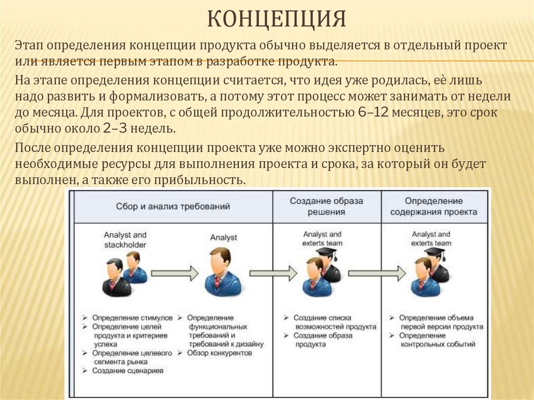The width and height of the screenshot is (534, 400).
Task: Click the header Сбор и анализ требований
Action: pos(173,207)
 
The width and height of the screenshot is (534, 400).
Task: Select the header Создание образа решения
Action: pos(326,207)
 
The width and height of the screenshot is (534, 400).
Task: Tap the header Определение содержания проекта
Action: pos(433,207)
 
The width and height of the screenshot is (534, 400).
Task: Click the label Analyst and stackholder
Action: pos(125,240)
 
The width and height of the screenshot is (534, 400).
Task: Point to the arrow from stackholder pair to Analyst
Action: pos(175,273)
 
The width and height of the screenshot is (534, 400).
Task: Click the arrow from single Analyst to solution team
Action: pos(272,273)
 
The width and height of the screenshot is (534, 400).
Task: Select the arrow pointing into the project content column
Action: pos(377,273)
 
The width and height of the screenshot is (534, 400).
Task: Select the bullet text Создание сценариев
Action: pos(128,371)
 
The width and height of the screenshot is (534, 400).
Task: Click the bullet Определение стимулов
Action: pos(132,318)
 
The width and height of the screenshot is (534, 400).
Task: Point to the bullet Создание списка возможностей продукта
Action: pos(334,322)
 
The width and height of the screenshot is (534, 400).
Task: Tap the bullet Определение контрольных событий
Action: pos(437,340)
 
